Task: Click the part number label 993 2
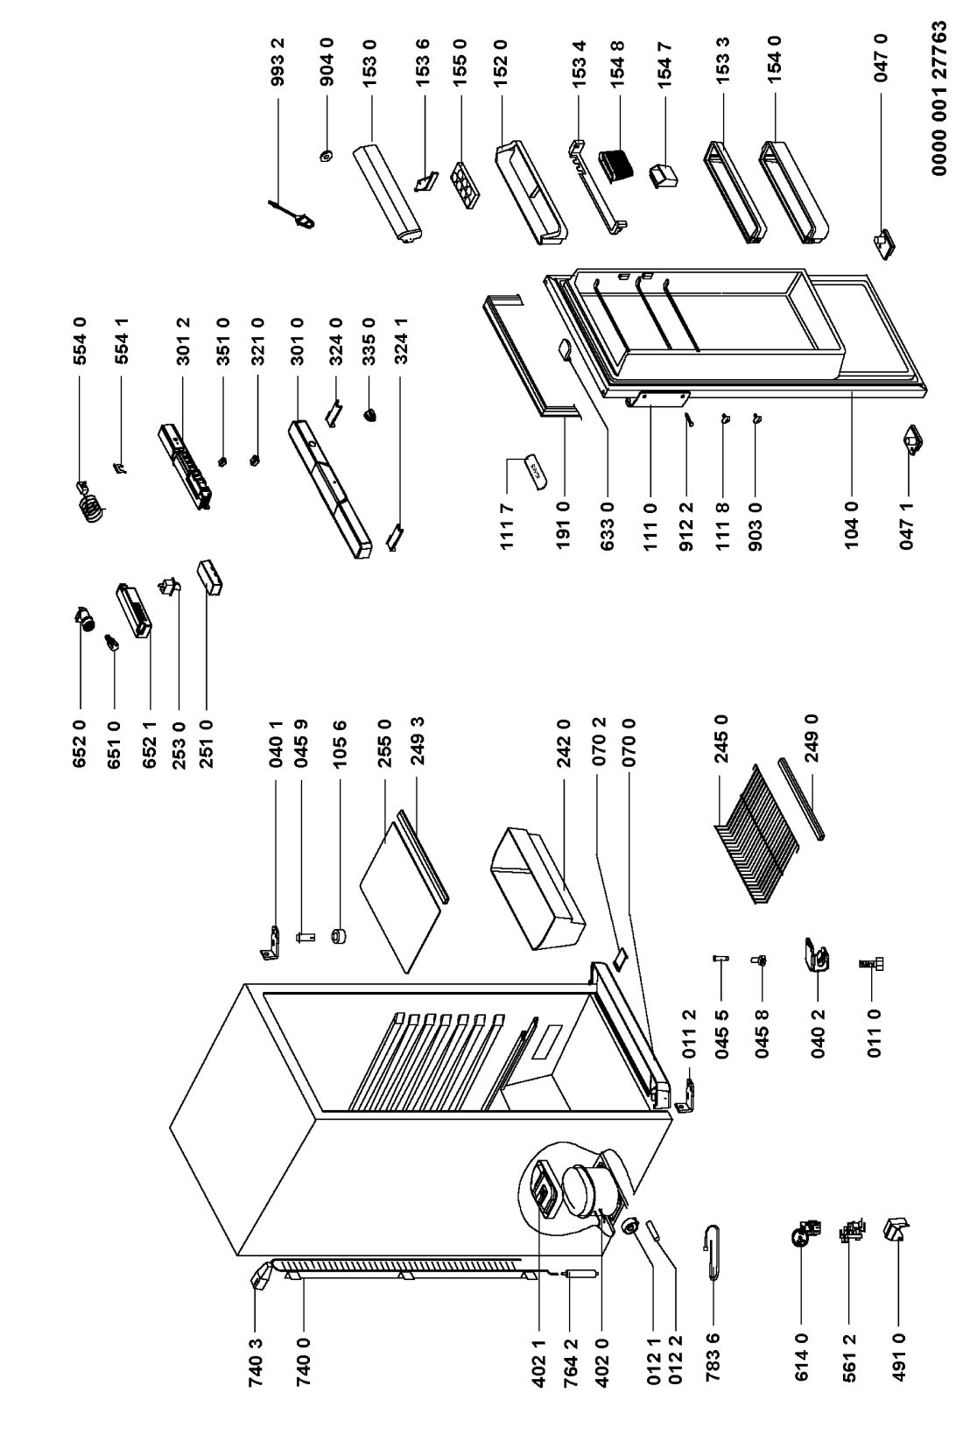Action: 278,62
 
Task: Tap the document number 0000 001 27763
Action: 939,98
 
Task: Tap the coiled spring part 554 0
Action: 91,500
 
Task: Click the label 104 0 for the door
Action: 851,524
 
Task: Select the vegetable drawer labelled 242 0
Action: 537,887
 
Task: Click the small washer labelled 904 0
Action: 327,156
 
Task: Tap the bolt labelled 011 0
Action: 872,964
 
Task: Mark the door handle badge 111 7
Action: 536,468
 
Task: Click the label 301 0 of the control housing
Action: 298,341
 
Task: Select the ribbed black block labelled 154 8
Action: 616,166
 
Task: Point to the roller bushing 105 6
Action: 340,935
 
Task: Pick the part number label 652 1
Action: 150,745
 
